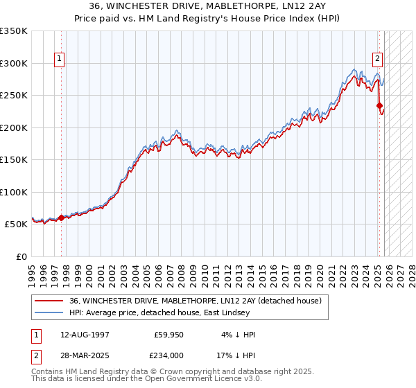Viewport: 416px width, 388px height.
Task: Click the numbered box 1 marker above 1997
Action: [x=60, y=60]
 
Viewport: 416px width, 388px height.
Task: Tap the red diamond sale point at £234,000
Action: [x=380, y=106]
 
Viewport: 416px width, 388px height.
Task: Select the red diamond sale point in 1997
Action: [x=61, y=218]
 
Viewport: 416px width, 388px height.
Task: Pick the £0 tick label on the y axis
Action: [x=21, y=257]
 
